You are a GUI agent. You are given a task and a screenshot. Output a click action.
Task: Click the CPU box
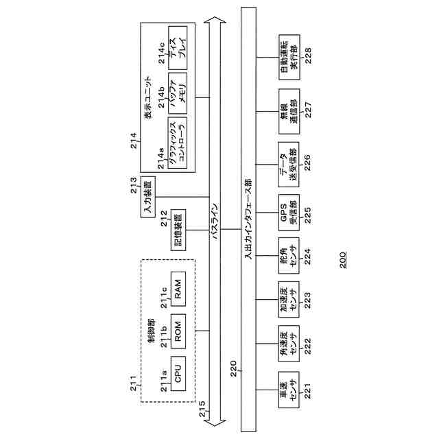pos(178,374)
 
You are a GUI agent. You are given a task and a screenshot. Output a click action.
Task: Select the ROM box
pos(178,332)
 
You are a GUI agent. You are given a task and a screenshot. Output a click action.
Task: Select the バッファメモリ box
pos(178,94)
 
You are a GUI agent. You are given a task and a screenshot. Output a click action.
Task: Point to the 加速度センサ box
pos(287,300)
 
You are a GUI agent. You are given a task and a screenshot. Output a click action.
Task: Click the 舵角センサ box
pos(287,255)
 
